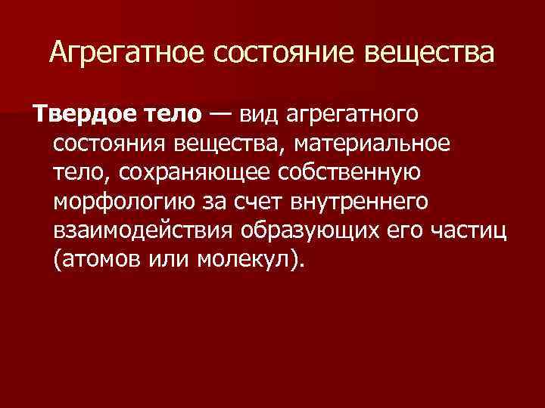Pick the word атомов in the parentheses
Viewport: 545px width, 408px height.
(101, 260)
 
